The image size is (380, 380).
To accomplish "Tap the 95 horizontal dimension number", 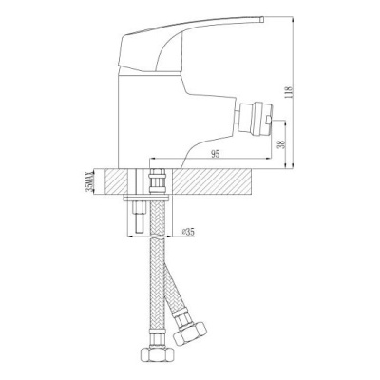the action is pyautogui.click(x=215, y=154).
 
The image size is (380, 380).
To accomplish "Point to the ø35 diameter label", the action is pyautogui.click(x=189, y=232).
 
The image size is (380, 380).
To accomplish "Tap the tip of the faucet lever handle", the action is pyautogui.click(x=262, y=19).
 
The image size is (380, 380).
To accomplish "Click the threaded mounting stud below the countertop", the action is pyautogui.click(x=141, y=218).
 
